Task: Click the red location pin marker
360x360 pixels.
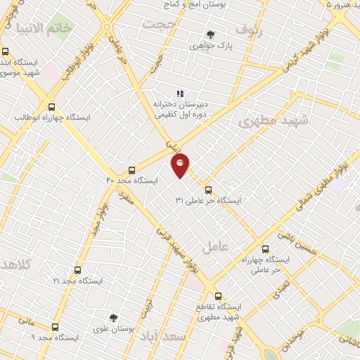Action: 181,164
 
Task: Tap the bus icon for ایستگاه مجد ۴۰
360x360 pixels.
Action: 131,170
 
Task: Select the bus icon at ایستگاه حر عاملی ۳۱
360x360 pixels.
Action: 207,190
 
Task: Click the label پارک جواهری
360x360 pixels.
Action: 210,45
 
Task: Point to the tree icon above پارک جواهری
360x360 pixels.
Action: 210,34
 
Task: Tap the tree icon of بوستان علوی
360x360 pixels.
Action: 112,318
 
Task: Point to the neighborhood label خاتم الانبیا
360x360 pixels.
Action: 48,30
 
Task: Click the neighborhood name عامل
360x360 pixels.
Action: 215,247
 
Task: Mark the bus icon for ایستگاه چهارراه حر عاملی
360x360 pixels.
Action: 265,248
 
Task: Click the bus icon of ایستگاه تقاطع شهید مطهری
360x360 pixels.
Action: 218,296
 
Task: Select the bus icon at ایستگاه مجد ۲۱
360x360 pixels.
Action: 77,270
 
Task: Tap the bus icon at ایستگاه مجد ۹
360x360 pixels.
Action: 55,327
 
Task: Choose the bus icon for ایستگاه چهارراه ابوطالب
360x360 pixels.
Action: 51,107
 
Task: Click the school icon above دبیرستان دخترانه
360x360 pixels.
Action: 180,93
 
